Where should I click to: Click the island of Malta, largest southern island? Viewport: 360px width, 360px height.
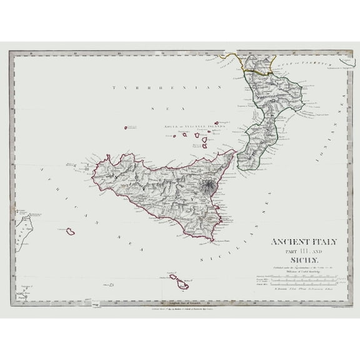click(182, 284)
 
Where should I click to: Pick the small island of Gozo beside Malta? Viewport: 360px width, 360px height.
click(171, 276)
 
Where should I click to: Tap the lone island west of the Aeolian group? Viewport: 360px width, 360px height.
click(126, 127)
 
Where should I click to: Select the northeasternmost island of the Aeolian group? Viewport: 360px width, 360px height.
click(216, 122)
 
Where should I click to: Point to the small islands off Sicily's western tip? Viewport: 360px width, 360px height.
click(84, 167)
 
